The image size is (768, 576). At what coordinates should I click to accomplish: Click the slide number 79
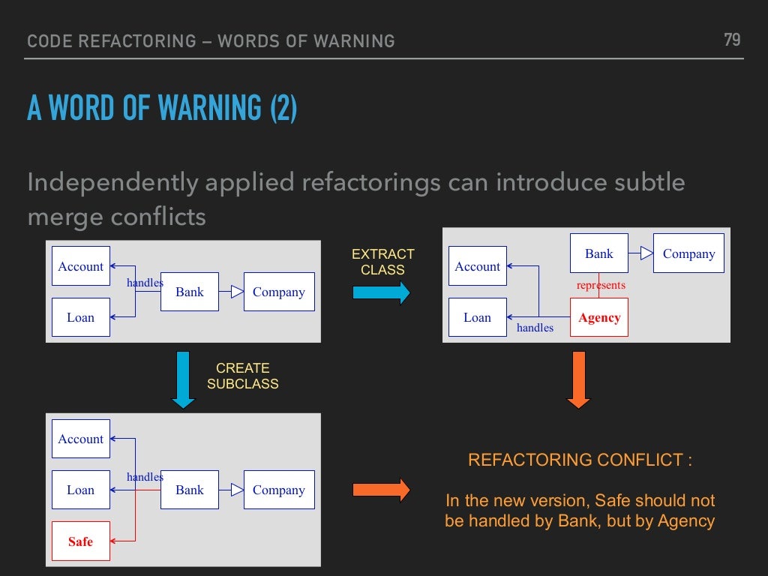click(732, 40)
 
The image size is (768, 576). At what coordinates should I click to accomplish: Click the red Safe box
click(81, 541)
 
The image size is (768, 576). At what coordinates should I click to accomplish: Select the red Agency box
click(599, 317)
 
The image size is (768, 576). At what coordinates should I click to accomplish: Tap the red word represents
click(601, 285)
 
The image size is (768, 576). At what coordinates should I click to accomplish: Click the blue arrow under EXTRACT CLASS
click(381, 292)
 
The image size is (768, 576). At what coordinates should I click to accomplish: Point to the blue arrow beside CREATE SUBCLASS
click(183, 379)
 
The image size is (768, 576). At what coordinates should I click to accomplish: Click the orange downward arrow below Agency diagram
click(578, 379)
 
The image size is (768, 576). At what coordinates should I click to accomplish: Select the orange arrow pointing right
click(381, 490)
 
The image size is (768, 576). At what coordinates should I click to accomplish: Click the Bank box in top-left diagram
click(190, 292)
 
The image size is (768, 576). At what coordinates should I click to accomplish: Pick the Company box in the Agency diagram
click(688, 253)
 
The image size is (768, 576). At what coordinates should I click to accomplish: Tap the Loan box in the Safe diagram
click(81, 490)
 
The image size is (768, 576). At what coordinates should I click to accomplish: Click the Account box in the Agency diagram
click(478, 266)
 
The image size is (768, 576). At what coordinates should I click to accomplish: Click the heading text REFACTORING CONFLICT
click(580, 460)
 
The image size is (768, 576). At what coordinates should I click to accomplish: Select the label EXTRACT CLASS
click(382, 262)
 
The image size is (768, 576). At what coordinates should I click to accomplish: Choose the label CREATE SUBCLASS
click(242, 376)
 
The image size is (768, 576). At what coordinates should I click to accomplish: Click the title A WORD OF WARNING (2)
click(162, 108)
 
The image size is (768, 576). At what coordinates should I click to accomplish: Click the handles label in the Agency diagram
click(535, 328)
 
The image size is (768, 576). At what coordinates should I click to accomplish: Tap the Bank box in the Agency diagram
click(599, 253)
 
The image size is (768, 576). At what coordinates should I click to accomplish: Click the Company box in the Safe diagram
click(278, 490)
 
